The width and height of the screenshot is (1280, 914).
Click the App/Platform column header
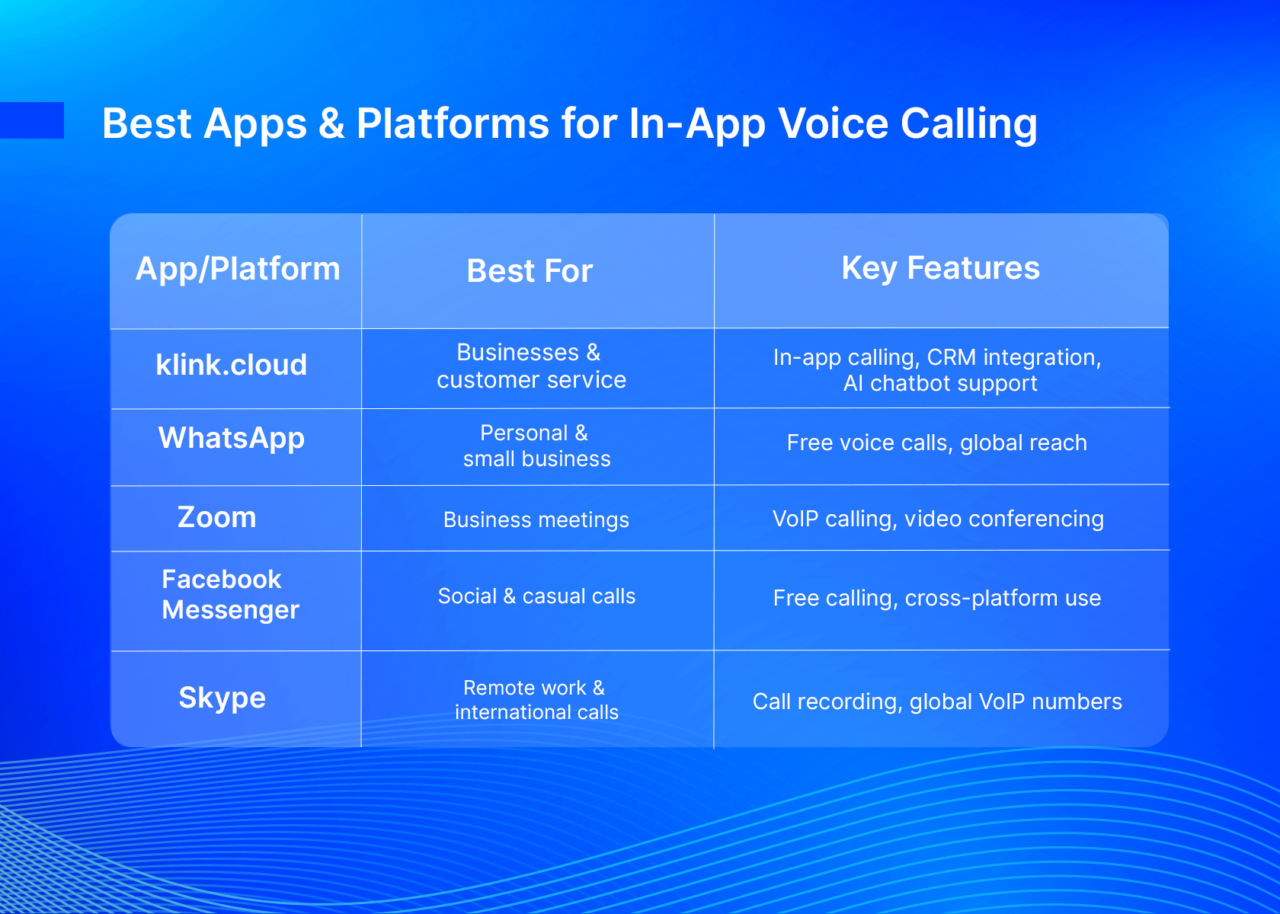coord(238,269)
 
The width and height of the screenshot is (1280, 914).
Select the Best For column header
coord(530,271)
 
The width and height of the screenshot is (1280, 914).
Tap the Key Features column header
coord(940,268)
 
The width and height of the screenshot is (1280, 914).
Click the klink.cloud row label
coord(232,364)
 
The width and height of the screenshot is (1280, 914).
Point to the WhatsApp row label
coord(232,438)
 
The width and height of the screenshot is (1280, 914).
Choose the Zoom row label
coord(217,517)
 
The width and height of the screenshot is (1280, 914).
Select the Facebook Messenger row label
coord(230,595)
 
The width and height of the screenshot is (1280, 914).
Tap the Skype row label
coord(222,698)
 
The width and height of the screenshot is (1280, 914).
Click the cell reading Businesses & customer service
coord(532,366)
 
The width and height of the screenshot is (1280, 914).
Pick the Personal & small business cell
coord(536,446)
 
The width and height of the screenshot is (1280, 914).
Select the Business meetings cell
coord(536,519)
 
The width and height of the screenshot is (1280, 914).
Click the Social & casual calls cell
coord(536,596)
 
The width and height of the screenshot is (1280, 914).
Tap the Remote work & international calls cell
coord(536,700)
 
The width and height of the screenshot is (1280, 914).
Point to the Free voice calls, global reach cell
coord(936,443)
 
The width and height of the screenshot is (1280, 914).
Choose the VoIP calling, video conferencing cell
coord(939,519)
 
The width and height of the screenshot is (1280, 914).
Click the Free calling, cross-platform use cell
coord(937,598)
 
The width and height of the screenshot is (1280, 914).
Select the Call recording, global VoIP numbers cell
coord(937,702)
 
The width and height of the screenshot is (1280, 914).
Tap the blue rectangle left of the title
coord(32,120)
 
